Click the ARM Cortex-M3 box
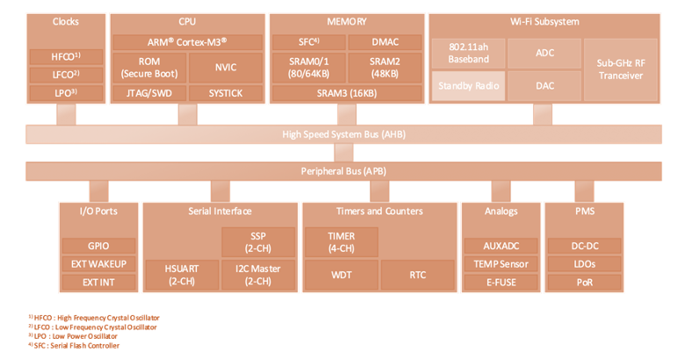click(187, 42)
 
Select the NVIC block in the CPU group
click(226, 68)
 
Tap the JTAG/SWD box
click(149, 93)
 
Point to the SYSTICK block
click(226, 93)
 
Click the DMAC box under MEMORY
click(385, 42)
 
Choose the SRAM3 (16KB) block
click(347, 93)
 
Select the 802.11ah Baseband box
click(468, 54)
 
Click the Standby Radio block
click(468, 86)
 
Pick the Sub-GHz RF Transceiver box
click(620, 69)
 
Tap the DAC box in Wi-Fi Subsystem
click(544, 86)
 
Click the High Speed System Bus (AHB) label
click(343, 134)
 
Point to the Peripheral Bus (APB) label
click(343, 171)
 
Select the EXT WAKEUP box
click(98, 264)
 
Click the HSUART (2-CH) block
click(182, 275)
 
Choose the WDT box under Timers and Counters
click(342, 275)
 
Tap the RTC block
click(418, 275)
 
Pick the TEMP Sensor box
click(501, 264)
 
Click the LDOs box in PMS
click(585, 264)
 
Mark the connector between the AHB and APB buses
click(343, 153)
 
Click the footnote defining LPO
click(73, 336)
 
